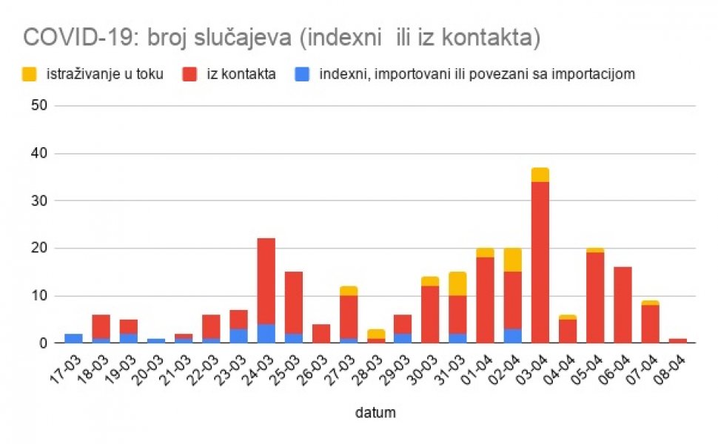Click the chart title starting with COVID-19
(282, 38)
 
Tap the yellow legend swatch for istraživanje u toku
(30, 74)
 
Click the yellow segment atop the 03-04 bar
(540, 175)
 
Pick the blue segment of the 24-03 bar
(266, 333)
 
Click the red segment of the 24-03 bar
(266, 281)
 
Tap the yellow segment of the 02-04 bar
(513, 260)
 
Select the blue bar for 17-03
(73, 338)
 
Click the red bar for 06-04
(623, 305)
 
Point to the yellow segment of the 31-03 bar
(458, 284)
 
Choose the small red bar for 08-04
(678, 340)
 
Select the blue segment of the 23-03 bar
(238, 336)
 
